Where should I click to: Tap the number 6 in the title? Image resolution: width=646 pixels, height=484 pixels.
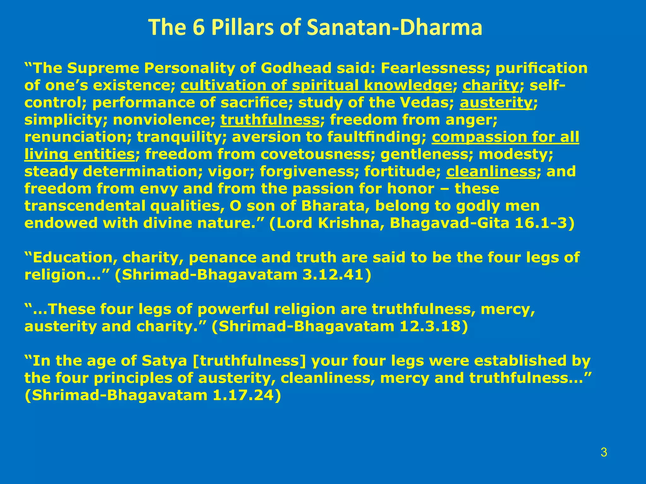coord(198,27)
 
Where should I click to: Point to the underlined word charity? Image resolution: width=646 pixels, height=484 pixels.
coord(490,86)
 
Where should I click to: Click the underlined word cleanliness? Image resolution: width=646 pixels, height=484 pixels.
coord(491,172)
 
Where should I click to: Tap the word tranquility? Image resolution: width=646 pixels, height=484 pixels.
coord(181,137)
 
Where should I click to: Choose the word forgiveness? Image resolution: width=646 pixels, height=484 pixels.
coord(309,172)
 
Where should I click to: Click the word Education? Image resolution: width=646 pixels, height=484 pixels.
coord(73,258)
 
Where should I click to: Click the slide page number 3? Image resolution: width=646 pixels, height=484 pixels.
coord(604,453)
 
